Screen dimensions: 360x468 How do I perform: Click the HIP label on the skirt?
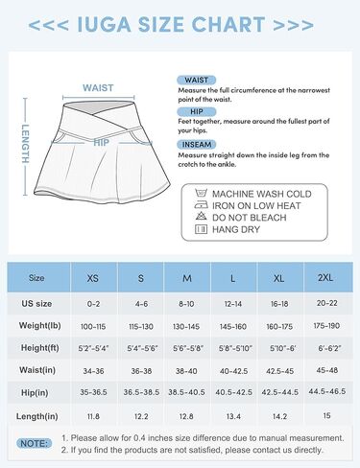pyautogui.click(x=101, y=141)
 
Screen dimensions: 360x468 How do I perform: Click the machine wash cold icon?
pyautogui.click(x=200, y=192)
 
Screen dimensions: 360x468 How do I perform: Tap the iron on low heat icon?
pyautogui.click(x=200, y=204)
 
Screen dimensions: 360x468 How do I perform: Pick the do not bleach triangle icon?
pyautogui.click(x=200, y=218)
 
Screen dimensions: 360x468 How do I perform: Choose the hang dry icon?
pyautogui.click(x=200, y=230)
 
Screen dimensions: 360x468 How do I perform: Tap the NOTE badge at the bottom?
pyautogui.click(x=38, y=443)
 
